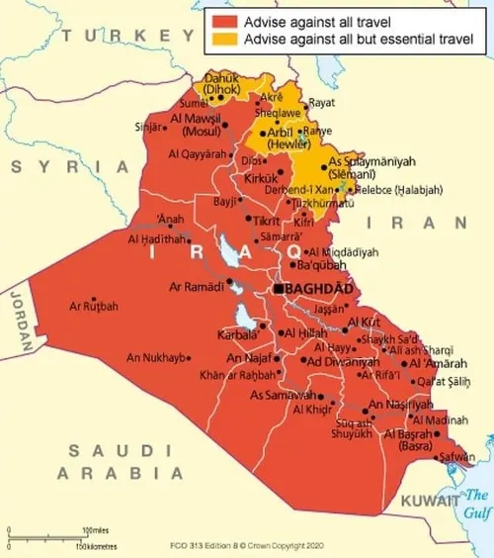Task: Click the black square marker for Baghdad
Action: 280,288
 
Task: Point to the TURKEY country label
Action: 114,37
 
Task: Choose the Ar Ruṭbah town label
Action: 93,308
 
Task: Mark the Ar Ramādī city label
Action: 200,287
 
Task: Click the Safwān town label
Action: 455,457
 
